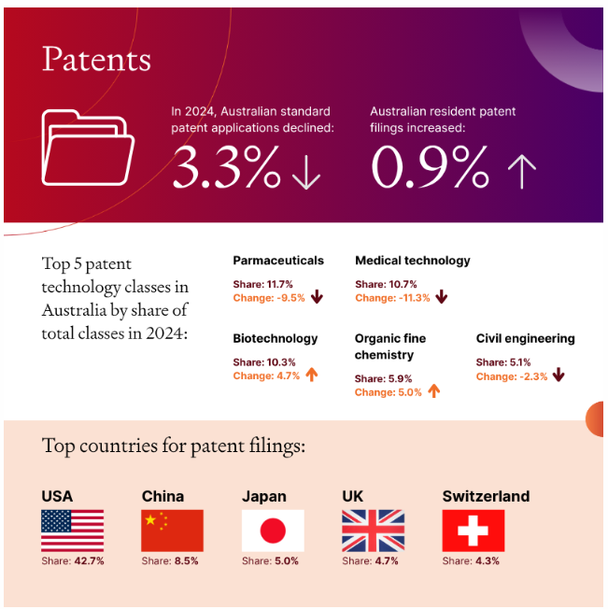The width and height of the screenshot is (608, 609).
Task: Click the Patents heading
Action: click(96, 60)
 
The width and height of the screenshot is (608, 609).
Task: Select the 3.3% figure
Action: click(227, 168)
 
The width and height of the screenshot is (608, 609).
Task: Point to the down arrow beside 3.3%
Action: click(306, 172)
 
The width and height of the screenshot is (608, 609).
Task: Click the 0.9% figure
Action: click(430, 168)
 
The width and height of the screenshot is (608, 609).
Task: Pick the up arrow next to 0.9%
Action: click(521, 172)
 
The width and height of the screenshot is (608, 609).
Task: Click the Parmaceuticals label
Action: click(278, 261)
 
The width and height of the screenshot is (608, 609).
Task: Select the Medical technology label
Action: click(413, 261)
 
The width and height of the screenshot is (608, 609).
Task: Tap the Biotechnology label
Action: click(276, 338)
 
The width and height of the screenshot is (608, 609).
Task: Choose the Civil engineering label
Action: click(526, 338)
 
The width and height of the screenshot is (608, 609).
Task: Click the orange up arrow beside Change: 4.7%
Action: click(312, 375)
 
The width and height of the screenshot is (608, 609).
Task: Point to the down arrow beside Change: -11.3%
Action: click(442, 298)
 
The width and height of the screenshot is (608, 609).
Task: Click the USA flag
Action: click(72, 531)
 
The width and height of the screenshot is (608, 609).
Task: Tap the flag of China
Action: click(172, 531)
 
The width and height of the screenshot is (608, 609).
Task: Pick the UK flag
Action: click(373, 531)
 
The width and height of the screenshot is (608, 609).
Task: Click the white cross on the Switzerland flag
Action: click(473, 531)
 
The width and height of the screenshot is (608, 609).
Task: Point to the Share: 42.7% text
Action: click(73, 561)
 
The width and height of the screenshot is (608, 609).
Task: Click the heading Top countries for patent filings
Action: click(174, 446)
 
